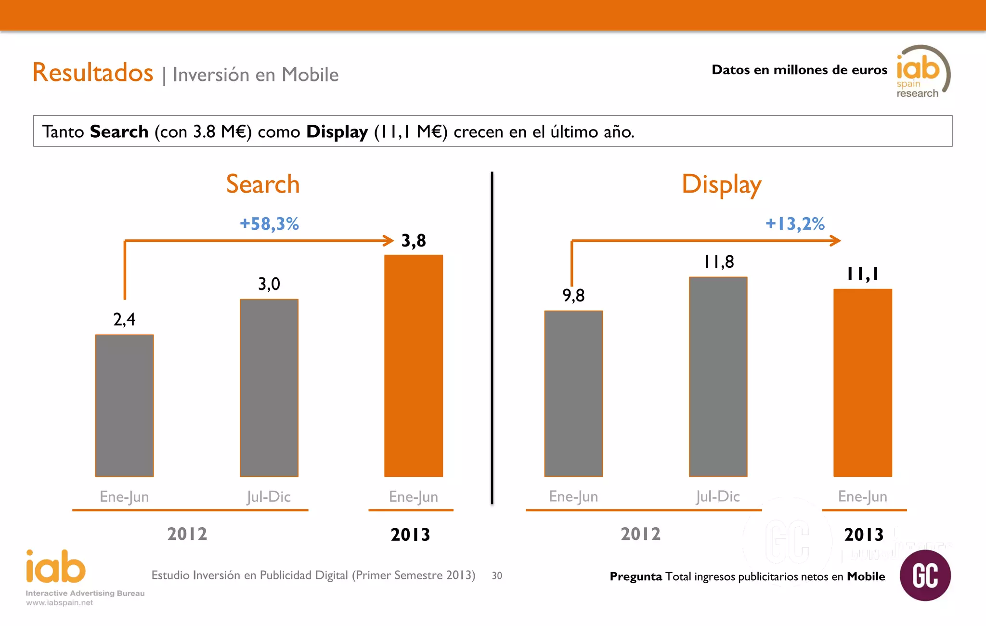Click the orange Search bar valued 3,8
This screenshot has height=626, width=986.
pos(413,366)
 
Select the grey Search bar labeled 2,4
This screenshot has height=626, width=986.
pos(124,405)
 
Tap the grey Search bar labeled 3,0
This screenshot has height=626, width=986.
pos(269,388)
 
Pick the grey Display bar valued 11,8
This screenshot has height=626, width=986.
pos(718,377)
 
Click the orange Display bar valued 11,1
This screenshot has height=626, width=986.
pos(862,383)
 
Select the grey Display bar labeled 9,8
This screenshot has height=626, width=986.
pos(573,393)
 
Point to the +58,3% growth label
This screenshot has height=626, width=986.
pos(269,224)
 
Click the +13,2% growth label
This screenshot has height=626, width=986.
pos(795,224)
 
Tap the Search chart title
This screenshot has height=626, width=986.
pos(263,184)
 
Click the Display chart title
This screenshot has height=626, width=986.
pos(721,185)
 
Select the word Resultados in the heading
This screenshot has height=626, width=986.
pos(93,73)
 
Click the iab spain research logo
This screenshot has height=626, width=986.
pos(922,72)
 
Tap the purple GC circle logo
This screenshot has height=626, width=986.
pos(925,575)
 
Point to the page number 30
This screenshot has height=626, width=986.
pos(497,575)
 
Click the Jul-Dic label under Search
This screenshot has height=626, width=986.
pos(269,496)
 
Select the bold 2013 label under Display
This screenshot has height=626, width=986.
pos(864,535)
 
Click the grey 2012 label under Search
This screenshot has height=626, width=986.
pos(187,534)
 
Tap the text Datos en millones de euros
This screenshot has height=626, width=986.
pos(799,70)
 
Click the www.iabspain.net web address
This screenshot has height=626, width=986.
pos(59,602)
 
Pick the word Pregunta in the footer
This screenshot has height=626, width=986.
pos(636,576)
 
